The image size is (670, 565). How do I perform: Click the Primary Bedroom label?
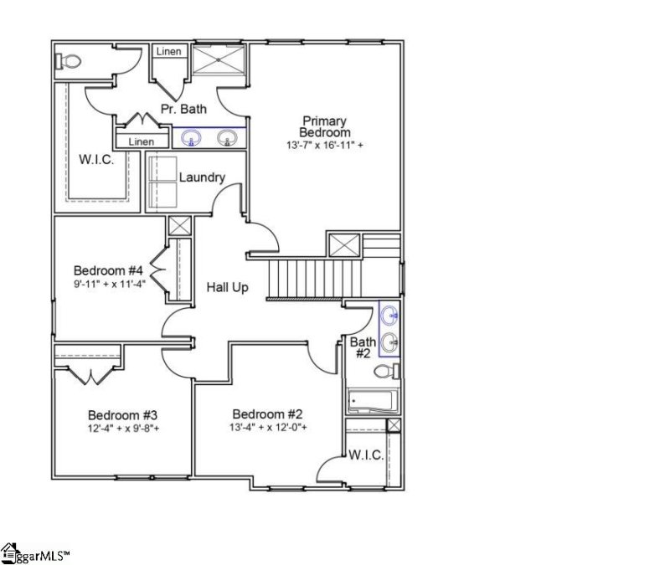(x=326, y=126)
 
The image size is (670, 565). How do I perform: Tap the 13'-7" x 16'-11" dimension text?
(x=326, y=145)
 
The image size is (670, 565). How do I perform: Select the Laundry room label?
(x=202, y=177)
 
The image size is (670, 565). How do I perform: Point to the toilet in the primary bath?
(x=68, y=61)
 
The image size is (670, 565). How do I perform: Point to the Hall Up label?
(x=228, y=287)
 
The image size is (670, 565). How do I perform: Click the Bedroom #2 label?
(x=267, y=414)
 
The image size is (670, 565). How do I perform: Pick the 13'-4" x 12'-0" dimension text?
(x=267, y=428)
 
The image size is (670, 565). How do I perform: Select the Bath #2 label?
(x=363, y=347)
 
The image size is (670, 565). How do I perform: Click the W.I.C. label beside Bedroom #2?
(x=366, y=455)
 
